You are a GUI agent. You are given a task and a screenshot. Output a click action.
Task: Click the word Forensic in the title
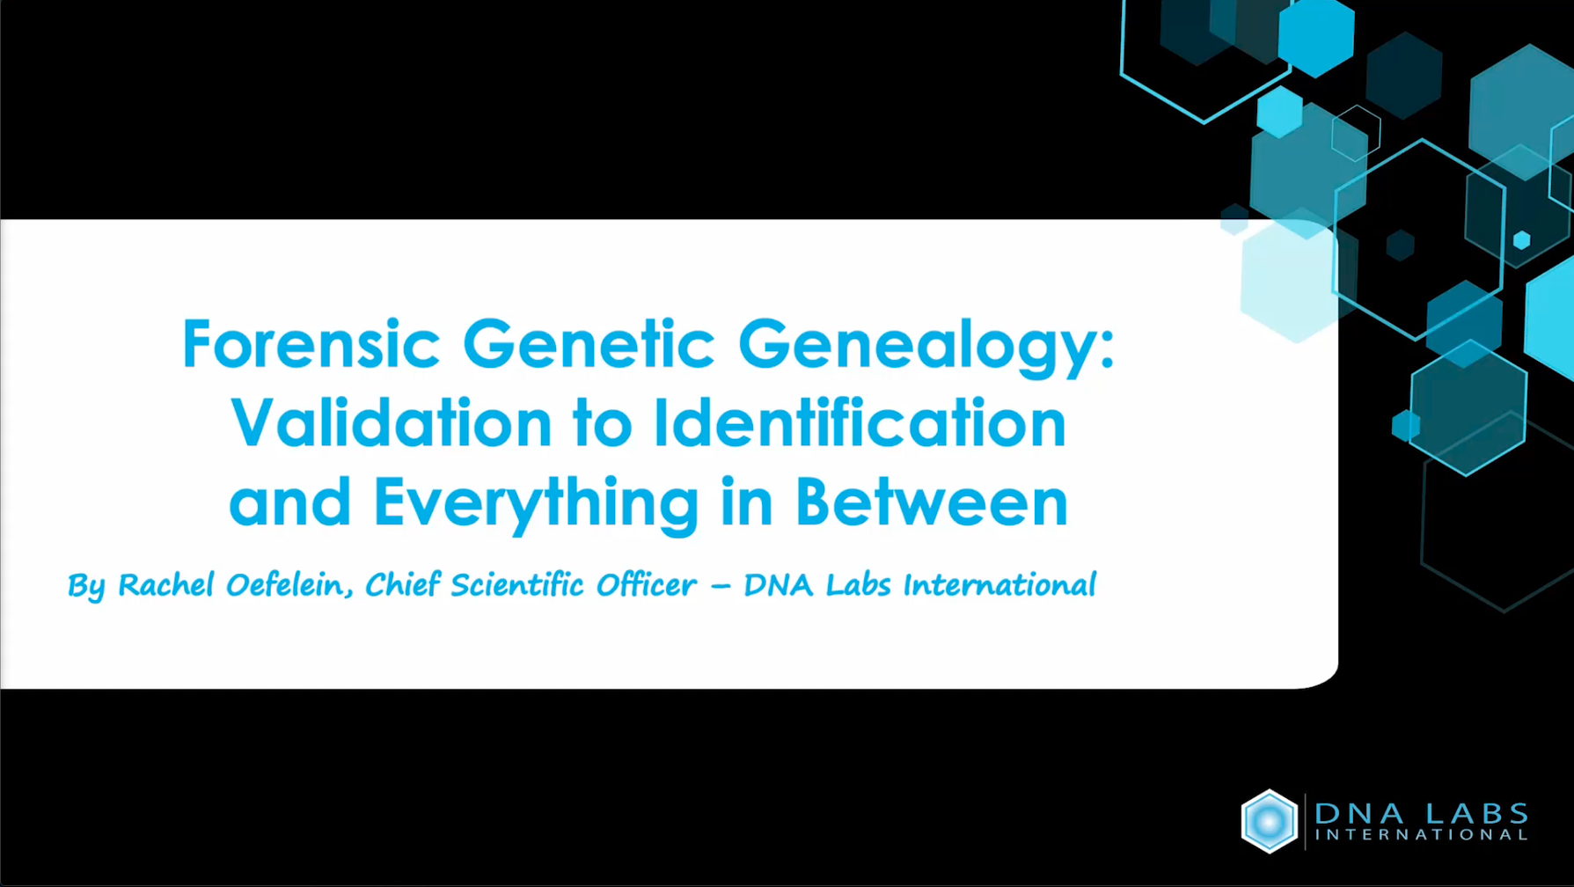[311, 344]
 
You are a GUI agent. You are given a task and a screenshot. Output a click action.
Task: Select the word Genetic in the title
[588, 344]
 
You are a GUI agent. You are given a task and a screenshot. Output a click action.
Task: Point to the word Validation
[391, 423]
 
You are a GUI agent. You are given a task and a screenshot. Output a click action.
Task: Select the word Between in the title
[931, 502]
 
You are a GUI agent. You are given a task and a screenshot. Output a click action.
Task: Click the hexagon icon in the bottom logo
[1269, 821]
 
